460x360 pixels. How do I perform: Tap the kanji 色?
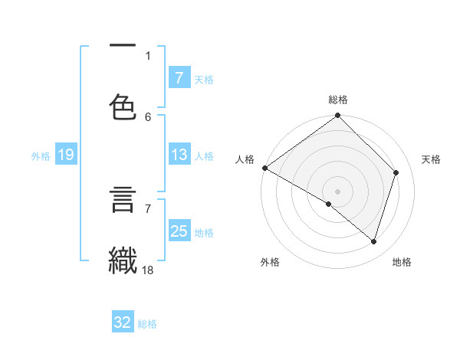123,106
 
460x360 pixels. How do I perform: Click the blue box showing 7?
179,77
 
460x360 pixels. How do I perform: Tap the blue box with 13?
179,155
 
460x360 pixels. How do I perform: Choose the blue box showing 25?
179,231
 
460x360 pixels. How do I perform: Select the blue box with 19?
65,155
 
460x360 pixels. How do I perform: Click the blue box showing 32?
123,322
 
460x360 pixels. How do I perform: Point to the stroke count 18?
148,270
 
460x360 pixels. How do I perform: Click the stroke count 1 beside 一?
148,55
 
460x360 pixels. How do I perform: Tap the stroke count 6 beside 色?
148,116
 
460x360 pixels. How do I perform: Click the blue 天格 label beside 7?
204,79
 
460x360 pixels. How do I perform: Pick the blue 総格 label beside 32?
147,324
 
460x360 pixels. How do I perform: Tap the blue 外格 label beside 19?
41,156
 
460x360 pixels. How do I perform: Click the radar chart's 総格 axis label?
338,100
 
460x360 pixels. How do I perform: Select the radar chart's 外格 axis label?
270,262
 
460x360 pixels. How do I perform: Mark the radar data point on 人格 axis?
264,168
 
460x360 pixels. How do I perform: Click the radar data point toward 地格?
373,242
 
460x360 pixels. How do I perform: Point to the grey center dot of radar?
337,191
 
